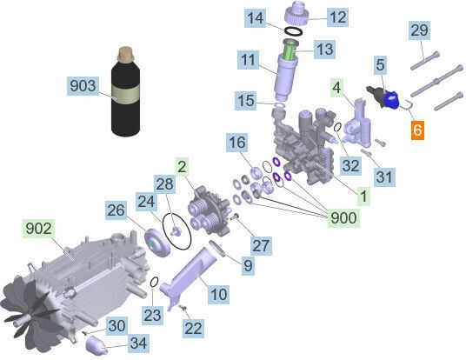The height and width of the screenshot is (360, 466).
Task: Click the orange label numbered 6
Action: pos(417,130)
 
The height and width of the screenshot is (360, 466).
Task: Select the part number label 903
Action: pos(83,86)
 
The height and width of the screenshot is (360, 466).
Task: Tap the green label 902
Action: pos(38,229)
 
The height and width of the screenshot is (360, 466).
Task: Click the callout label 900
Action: pos(343,218)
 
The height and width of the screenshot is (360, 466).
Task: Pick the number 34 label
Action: pos(139,343)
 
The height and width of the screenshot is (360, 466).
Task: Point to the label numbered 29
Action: pos(419,30)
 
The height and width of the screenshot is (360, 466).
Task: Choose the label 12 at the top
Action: pos(338,17)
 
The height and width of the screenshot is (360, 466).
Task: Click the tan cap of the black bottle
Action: pos(126,55)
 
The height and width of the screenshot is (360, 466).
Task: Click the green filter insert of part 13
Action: pos(289,52)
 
